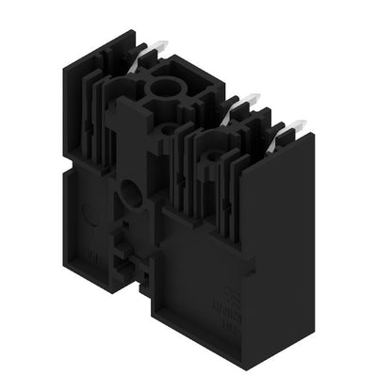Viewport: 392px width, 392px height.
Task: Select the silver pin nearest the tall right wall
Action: click(296, 125)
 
